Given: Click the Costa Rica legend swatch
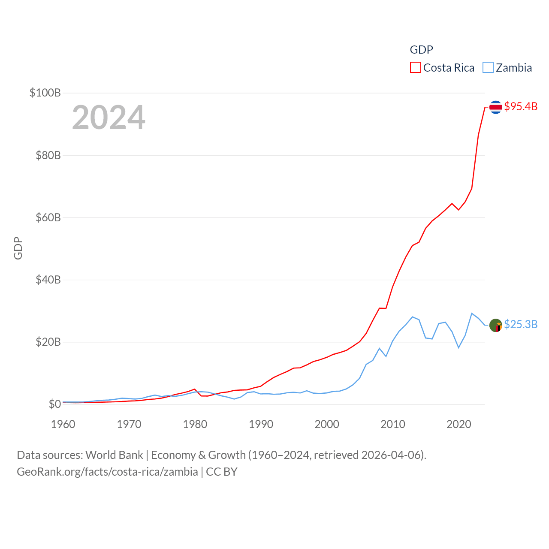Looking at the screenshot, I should (415, 68).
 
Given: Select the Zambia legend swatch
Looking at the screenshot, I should (488, 68).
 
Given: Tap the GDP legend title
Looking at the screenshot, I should (421, 50).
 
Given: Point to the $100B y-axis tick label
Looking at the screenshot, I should (45, 93).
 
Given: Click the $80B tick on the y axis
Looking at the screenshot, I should (48, 155).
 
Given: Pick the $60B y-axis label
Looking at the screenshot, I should (48, 217).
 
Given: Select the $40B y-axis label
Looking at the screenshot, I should (48, 280).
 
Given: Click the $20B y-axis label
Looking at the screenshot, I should (48, 342).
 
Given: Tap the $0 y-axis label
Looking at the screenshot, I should (54, 404).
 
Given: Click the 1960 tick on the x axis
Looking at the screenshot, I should (63, 424).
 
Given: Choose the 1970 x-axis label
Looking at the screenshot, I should (129, 424).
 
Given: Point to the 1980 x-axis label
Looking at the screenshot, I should (195, 424).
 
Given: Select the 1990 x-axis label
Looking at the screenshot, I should (261, 424).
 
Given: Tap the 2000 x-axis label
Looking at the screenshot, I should (327, 424).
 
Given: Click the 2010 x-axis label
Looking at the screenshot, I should (393, 424).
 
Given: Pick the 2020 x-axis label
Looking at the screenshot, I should (459, 424).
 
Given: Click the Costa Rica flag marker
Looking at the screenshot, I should (495, 107).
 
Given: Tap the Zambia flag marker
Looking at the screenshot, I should (495, 325).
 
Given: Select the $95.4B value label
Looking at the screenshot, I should (521, 106).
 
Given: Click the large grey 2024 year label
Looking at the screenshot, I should (109, 118).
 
